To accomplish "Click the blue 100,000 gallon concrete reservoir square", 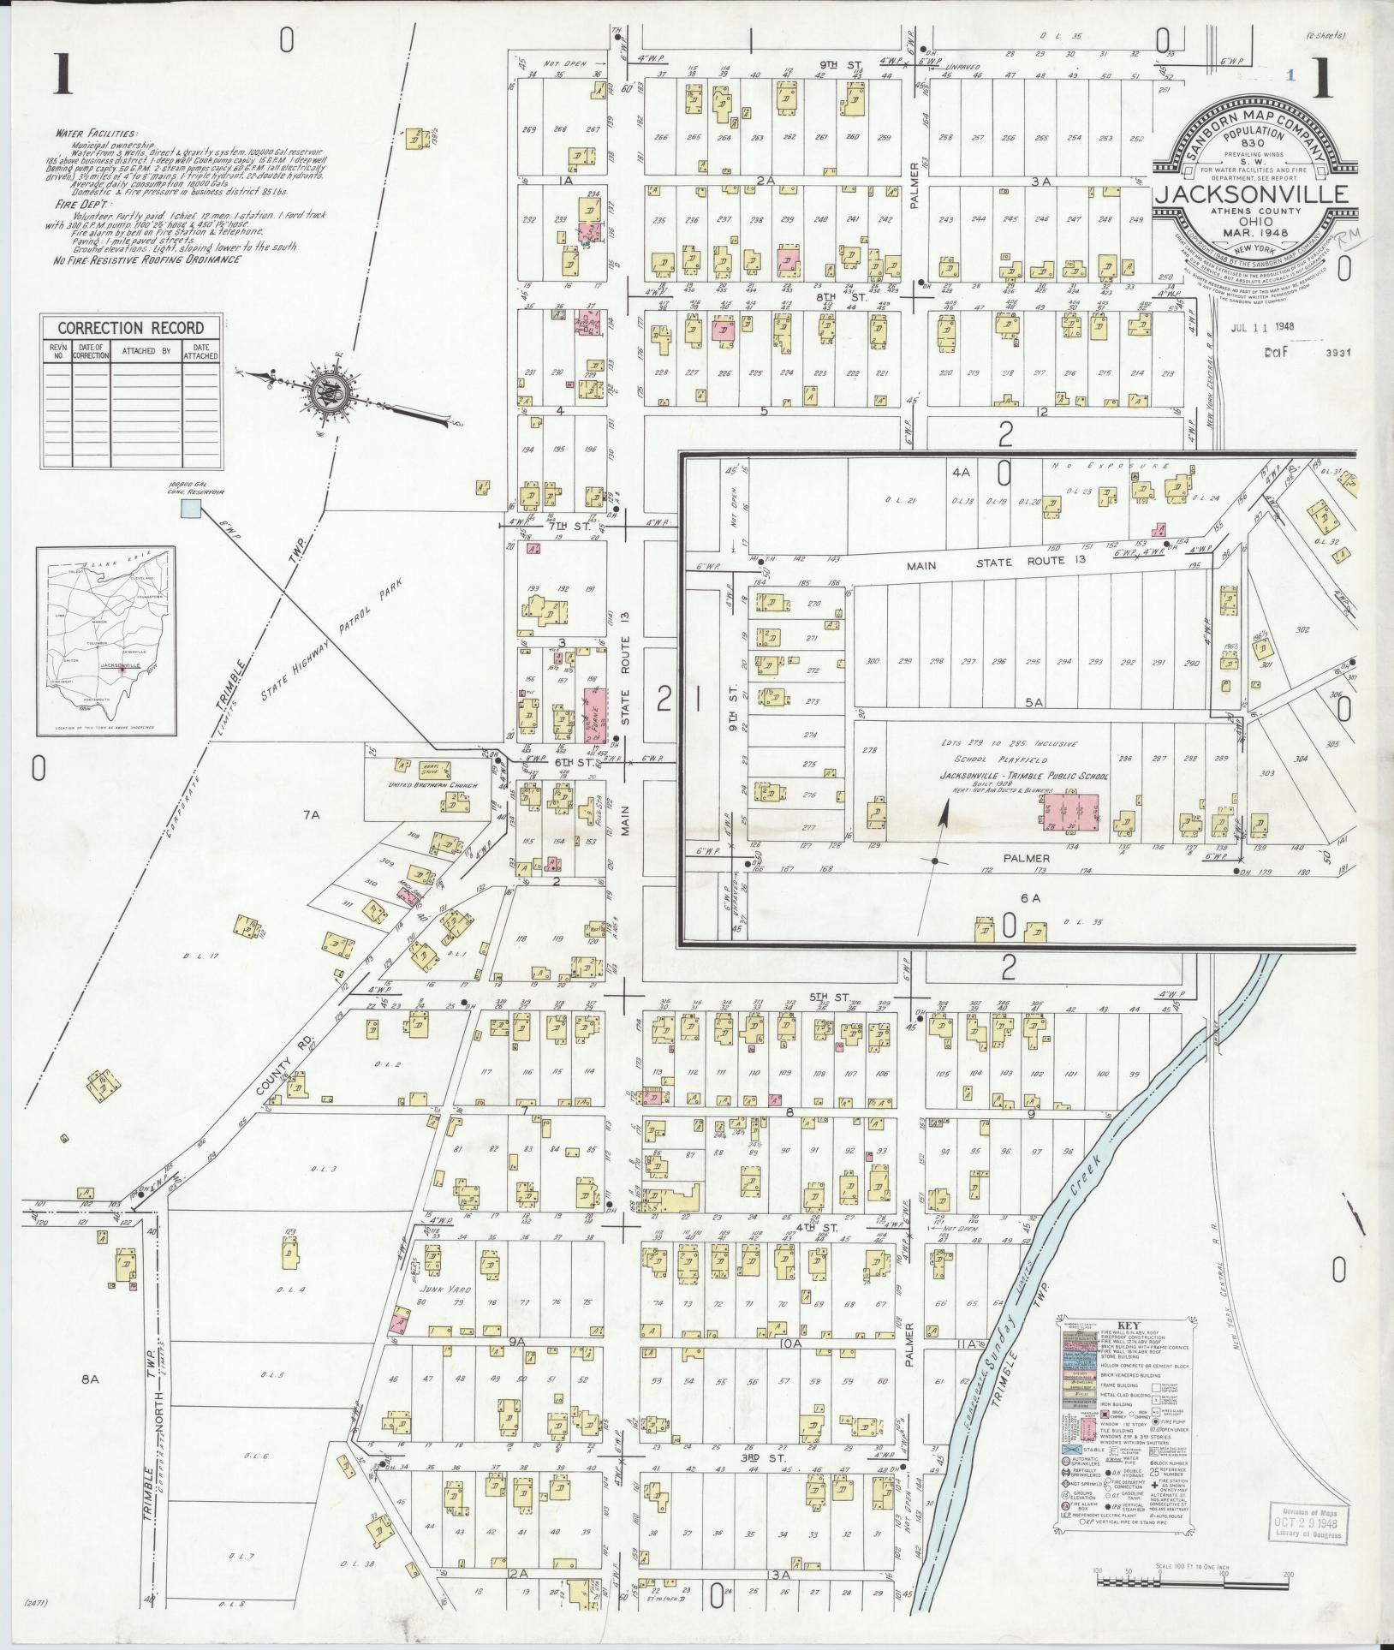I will point(190,509).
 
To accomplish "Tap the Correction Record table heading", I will point(130,328).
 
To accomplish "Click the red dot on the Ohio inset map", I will point(122,670).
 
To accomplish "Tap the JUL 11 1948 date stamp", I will point(1262,326).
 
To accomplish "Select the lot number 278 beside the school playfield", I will point(870,751).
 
